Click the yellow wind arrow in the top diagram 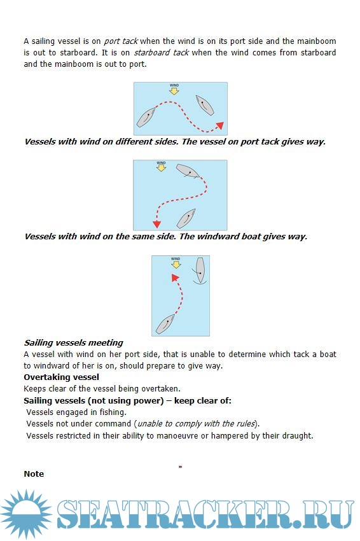(x=174, y=91)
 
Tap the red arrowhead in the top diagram (x=219, y=125)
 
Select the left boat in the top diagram (x=146, y=117)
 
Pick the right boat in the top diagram (x=205, y=105)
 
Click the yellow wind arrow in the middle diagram (x=161, y=168)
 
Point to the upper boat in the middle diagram (x=188, y=171)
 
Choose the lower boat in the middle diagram (x=186, y=218)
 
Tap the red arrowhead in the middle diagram (x=157, y=224)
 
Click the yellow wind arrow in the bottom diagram (x=176, y=265)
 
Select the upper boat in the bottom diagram (x=200, y=271)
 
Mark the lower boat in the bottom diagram (x=165, y=323)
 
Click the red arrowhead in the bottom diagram (x=175, y=278)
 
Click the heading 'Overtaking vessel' (x=62, y=377)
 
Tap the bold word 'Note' (x=34, y=474)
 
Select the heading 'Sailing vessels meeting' (x=73, y=342)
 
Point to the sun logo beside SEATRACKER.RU (x=26, y=514)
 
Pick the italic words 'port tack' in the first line (x=121, y=41)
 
